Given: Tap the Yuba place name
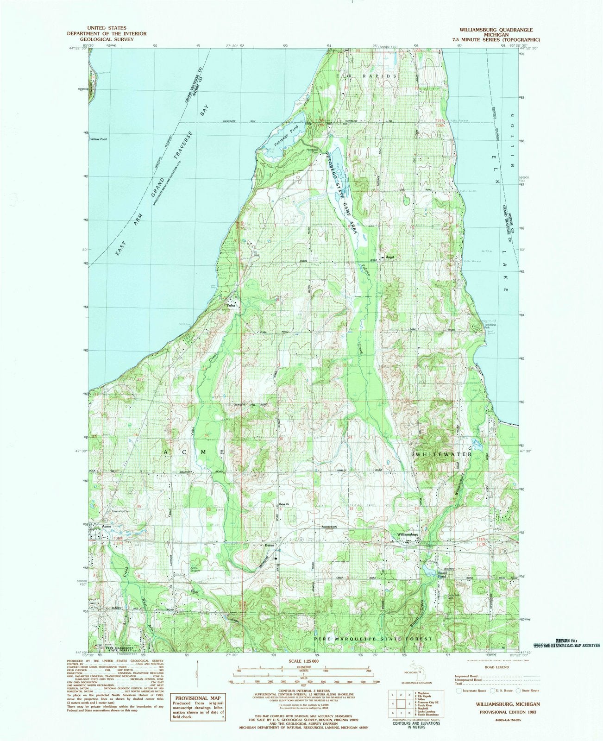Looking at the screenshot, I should coord(230,306).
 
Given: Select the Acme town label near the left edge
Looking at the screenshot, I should coord(108,527).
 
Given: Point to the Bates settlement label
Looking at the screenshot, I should coord(269,545).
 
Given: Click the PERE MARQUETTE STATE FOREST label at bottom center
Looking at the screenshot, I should coord(373,639).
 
